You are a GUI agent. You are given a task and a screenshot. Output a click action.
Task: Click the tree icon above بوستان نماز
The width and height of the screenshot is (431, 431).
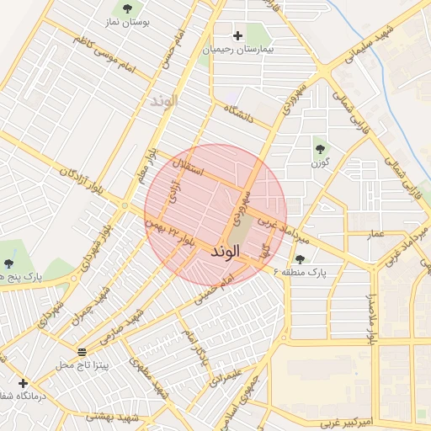[127, 9]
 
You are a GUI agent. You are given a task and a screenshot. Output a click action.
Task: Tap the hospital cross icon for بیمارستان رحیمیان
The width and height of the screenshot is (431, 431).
[238, 36]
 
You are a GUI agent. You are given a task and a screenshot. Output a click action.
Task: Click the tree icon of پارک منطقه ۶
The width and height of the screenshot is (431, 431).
[301, 259]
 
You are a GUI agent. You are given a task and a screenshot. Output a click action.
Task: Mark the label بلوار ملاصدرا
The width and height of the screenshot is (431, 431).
[369, 320]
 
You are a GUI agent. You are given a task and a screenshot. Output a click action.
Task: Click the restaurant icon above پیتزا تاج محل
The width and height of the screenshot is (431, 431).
[82, 352]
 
